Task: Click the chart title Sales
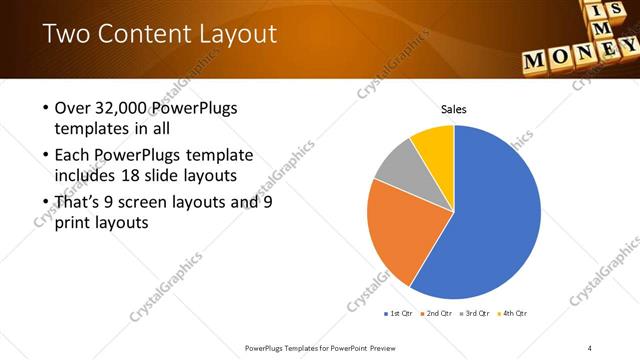click(x=454, y=110)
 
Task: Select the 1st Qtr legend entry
click(x=400, y=313)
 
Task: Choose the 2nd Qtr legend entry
click(x=438, y=313)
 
